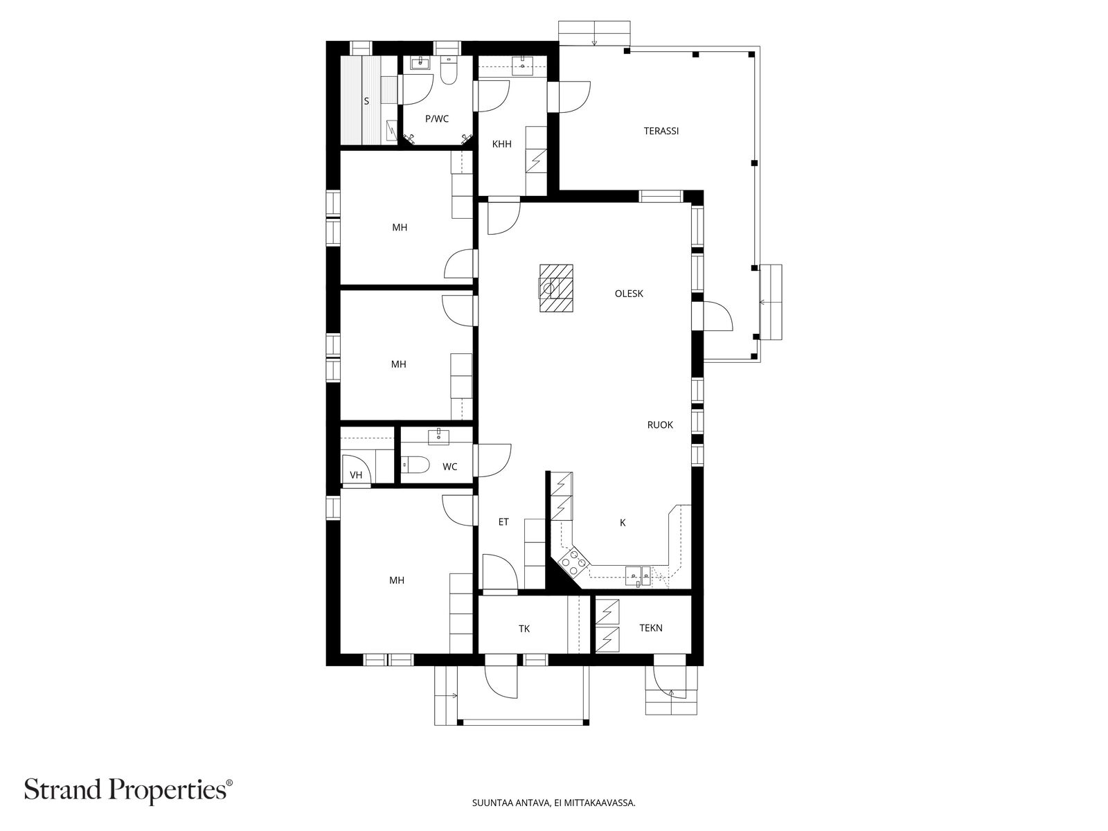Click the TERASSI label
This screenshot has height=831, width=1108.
click(x=661, y=131)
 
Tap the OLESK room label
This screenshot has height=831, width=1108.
click(x=629, y=294)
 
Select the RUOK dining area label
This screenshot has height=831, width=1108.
click(x=660, y=425)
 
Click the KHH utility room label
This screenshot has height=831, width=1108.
click(x=502, y=144)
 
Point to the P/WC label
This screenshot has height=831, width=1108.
click(x=437, y=119)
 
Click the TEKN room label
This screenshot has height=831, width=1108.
click(x=651, y=628)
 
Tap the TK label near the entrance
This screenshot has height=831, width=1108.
click(x=524, y=629)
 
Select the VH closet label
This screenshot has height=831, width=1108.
click(x=356, y=475)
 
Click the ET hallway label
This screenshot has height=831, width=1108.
click(x=503, y=521)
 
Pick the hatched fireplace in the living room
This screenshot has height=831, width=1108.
click(x=556, y=289)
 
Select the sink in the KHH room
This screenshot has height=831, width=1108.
click(x=522, y=65)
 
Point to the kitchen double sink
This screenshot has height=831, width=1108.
click(x=638, y=575)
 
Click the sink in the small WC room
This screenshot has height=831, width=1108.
click(x=438, y=436)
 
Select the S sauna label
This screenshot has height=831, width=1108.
click(x=366, y=101)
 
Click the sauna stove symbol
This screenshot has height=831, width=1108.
click(x=392, y=131)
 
